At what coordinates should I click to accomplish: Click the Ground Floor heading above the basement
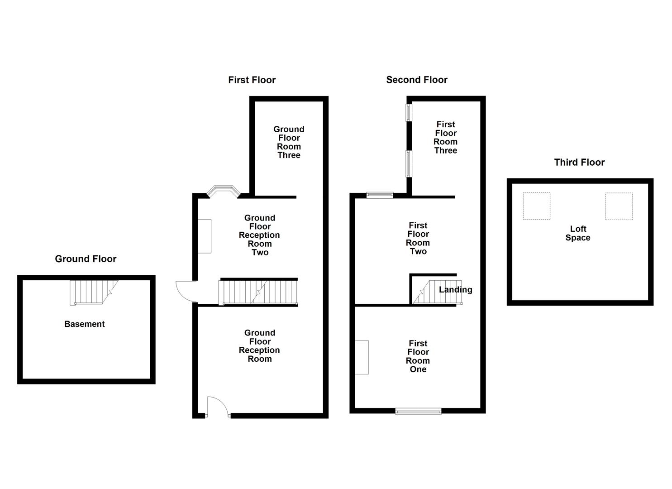pos(86,259)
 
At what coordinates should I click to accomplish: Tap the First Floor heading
pos(252,80)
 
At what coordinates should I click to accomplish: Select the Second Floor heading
pos(416,80)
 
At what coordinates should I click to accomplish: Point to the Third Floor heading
pos(579,163)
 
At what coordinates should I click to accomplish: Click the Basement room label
pos(84,324)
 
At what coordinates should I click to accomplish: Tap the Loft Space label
pos(578,234)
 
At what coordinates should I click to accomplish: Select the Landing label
pos(455,290)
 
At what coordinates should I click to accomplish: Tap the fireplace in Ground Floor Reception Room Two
pos(205,236)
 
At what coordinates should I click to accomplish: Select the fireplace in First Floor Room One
pos(362,357)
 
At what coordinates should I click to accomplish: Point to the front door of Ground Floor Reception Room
pos(218,407)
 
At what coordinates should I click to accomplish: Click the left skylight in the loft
pos(537,206)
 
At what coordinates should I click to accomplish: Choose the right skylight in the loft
pos(619,206)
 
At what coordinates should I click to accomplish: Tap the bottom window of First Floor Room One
pos(418,411)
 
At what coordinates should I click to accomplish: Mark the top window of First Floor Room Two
pos(380,195)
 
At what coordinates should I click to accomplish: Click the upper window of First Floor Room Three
pos(409,112)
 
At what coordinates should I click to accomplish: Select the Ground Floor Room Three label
pos(289,142)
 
